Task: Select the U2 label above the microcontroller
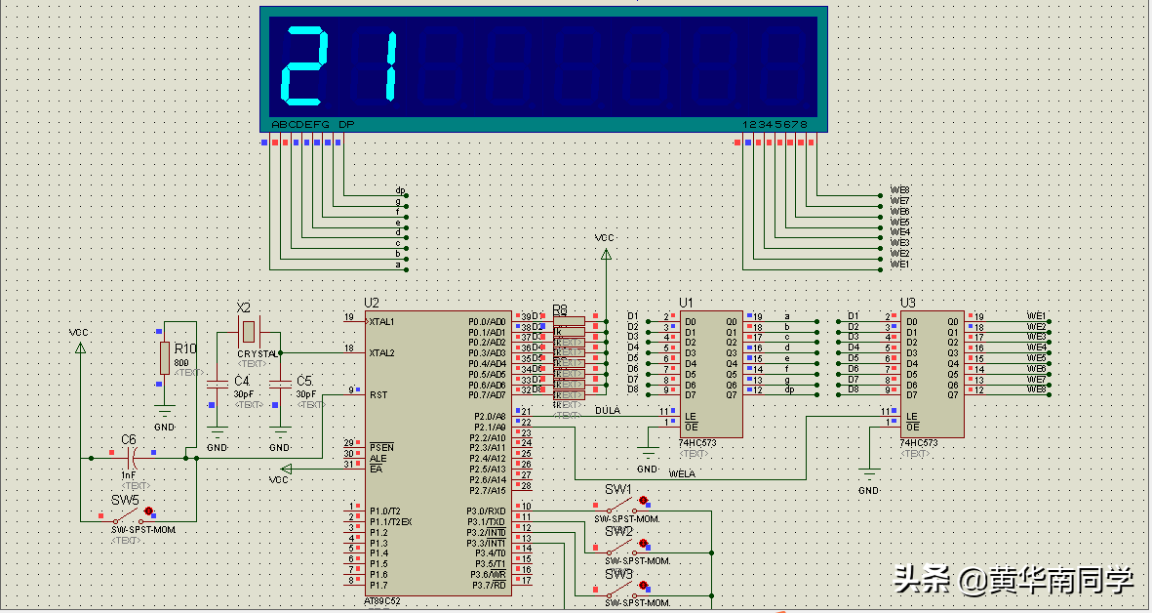click(x=371, y=303)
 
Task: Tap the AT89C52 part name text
click(x=382, y=601)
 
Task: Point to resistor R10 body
click(x=164, y=358)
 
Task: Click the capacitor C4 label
click(x=242, y=381)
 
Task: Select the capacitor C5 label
click(x=304, y=381)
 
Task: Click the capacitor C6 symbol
click(x=130, y=457)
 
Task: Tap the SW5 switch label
click(x=124, y=499)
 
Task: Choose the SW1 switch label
click(x=617, y=489)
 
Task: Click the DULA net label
click(x=608, y=411)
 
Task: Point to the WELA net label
click(x=682, y=473)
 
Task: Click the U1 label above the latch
click(x=687, y=303)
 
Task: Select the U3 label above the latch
click(x=908, y=303)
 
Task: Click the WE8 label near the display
click(x=899, y=190)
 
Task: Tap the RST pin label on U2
click(x=377, y=394)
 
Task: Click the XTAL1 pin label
click(x=382, y=321)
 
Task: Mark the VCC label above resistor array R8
click(x=605, y=237)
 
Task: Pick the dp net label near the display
click(x=400, y=190)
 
